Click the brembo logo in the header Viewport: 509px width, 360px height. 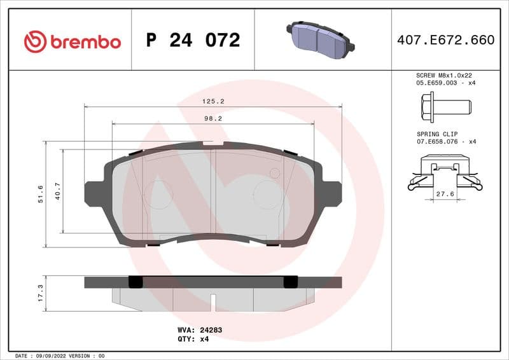tap(72, 41)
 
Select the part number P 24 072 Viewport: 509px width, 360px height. tap(193, 41)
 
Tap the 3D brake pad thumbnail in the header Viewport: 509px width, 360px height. tap(321, 39)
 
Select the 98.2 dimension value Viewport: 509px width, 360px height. tap(213, 118)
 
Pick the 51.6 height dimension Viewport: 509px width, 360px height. tap(41, 193)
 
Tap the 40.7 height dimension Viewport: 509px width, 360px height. tap(58, 191)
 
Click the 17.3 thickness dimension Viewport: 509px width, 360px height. tap(41, 293)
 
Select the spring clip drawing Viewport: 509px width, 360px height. tap(444, 177)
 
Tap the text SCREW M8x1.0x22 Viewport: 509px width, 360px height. tap(443, 75)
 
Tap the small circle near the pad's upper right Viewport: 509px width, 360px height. tap(275, 173)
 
